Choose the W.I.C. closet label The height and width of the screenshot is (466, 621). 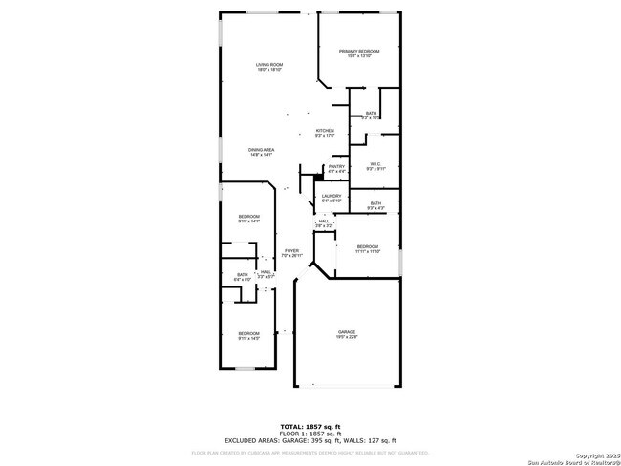375,166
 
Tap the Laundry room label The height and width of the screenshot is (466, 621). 332,198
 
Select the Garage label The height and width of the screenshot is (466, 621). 346,334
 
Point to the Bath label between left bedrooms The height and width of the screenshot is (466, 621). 243,277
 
